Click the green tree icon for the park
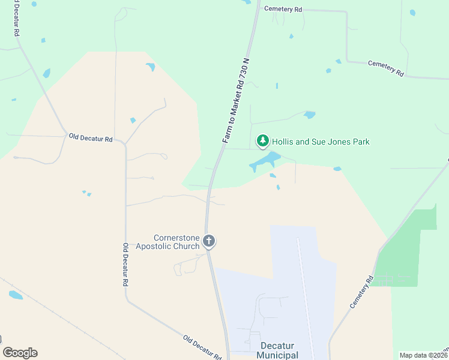[x=262, y=141]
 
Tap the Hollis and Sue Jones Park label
[x=321, y=142]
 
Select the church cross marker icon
[x=209, y=241]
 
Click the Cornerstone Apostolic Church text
[x=167, y=241]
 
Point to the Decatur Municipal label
[x=279, y=350]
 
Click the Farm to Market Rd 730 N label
[x=235, y=101]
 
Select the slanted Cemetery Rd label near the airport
[x=362, y=292]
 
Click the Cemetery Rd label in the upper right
[x=385, y=68]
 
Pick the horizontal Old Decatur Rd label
[x=91, y=138]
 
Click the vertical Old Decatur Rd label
[x=126, y=265]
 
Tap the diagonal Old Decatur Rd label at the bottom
[x=202, y=347]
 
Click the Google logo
[x=20, y=353]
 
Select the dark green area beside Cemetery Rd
[x=414, y=246]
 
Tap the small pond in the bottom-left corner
[x=16, y=295]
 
